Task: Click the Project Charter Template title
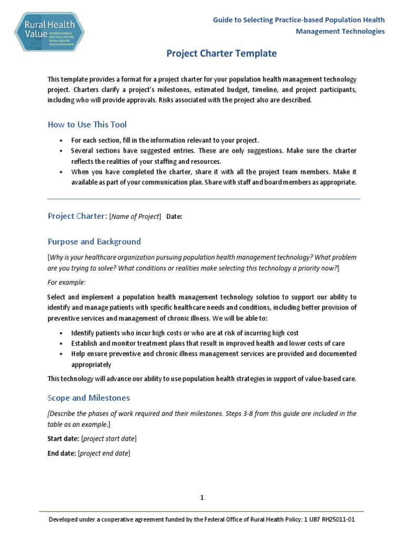(x=221, y=53)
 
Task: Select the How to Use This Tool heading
(x=87, y=125)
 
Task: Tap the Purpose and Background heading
(x=94, y=242)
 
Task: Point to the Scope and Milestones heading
(x=89, y=397)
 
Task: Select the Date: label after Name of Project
(x=174, y=217)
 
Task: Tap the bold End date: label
(x=62, y=453)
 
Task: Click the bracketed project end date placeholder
(x=104, y=453)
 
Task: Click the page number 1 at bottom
(x=201, y=497)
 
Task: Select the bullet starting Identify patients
(x=185, y=333)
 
